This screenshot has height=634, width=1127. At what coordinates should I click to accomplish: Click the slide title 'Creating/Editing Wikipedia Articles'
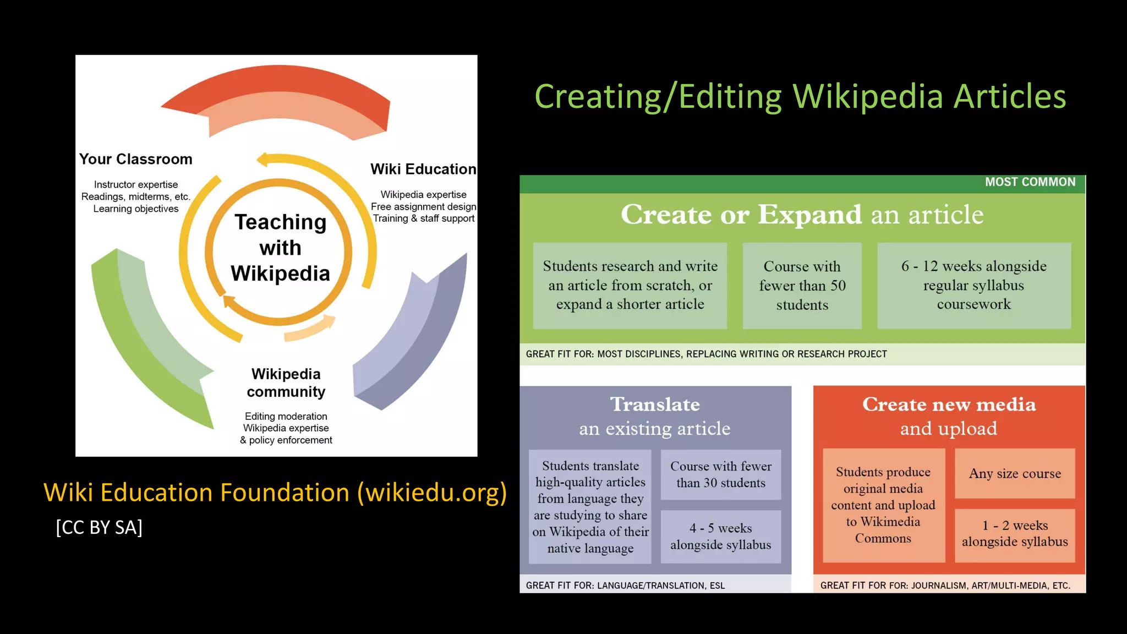point(800,96)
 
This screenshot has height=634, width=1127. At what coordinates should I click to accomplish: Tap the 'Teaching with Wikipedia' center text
point(281,248)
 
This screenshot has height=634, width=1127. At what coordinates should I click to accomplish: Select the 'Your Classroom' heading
point(136,159)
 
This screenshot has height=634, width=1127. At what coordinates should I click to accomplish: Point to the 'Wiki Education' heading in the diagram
point(423,169)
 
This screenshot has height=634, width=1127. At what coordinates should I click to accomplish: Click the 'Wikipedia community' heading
point(286,382)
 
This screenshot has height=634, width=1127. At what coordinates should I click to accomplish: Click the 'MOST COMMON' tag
point(1030,182)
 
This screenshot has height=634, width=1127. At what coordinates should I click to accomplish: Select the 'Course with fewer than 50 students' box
point(802,286)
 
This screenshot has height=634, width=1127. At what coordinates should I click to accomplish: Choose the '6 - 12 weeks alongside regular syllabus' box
point(973,286)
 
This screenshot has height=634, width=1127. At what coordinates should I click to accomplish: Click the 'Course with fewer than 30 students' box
point(720,474)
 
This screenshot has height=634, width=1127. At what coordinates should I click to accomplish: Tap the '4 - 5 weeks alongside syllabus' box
point(720,536)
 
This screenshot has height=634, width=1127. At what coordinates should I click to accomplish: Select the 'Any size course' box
point(1015,473)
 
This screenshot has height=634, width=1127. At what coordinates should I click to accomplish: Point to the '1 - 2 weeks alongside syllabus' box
point(1015,534)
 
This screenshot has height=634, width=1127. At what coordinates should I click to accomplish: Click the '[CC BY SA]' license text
point(99,527)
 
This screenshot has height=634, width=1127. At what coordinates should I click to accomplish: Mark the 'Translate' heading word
point(655,405)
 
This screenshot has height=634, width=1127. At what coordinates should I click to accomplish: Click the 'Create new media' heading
point(949,405)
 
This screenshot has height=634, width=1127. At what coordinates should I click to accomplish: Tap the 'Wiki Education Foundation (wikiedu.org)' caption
point(275,492)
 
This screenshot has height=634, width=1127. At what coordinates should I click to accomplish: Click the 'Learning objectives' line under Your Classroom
point(136,209)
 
